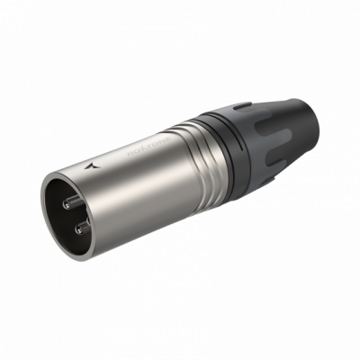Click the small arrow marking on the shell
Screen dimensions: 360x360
[x=96, y=166]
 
